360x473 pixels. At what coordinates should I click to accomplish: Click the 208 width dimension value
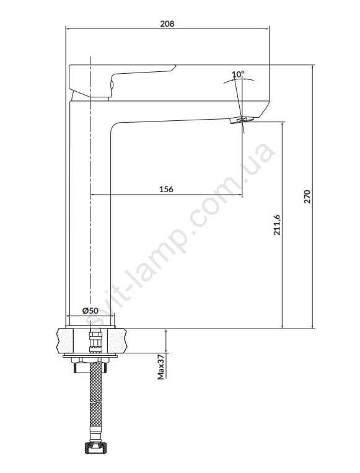pos(167,24)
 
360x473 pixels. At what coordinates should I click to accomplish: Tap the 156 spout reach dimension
pos(166,189)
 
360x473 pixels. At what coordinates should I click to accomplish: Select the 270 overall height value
pos(307,197)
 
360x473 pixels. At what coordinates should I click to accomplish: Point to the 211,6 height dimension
pos(277,225)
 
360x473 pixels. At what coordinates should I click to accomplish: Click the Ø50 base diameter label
pos(90,311)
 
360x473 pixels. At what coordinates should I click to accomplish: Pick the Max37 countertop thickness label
pos(161,367)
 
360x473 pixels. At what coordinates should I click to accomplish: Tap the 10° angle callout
pos(238,74)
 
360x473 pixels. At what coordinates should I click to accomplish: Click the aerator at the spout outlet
pos(242,120)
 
